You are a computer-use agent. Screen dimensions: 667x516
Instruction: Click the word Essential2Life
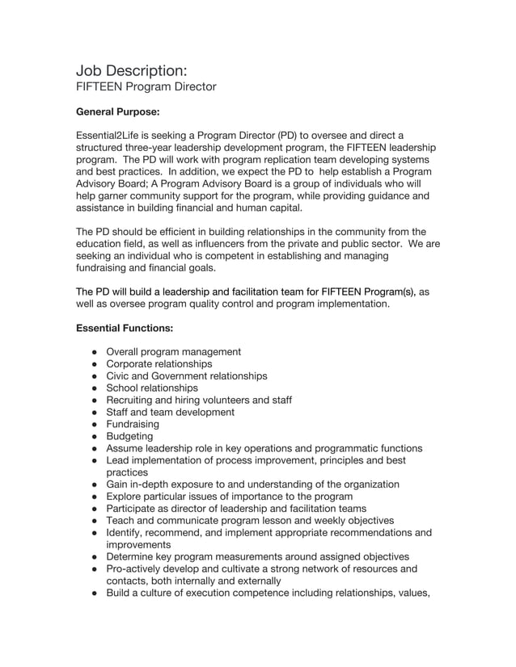[109, 135]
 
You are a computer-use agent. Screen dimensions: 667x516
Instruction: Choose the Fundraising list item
[133, 424]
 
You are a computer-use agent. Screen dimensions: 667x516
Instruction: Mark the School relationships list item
[152, 388]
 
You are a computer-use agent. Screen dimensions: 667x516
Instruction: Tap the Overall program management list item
[174, 352]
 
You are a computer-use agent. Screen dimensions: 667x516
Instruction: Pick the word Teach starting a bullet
[121, 520]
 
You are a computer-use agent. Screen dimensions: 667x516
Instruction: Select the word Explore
[125, 496]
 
